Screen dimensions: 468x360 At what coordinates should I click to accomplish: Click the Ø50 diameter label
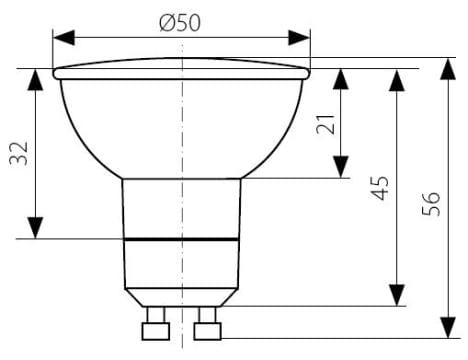(x=180, y=23)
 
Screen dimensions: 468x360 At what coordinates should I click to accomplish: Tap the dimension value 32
(x=19, y=154)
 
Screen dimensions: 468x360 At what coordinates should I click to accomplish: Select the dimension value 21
(x=325, y=124)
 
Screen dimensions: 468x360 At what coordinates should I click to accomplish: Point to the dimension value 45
(x=380, y=188)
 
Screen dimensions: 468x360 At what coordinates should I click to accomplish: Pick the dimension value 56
(x=431, y=204)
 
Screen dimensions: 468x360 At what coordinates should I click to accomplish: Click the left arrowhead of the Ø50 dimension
(x=64, y=38)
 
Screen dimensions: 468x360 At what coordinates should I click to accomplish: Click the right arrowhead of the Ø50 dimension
(x=299, y=38)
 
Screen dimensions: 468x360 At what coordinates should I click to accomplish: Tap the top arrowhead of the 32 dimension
(x=35, y=79)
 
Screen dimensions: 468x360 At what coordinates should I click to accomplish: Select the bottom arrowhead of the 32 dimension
(x=35, y=228)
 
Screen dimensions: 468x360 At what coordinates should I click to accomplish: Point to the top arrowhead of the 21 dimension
(x=341, y=79)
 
